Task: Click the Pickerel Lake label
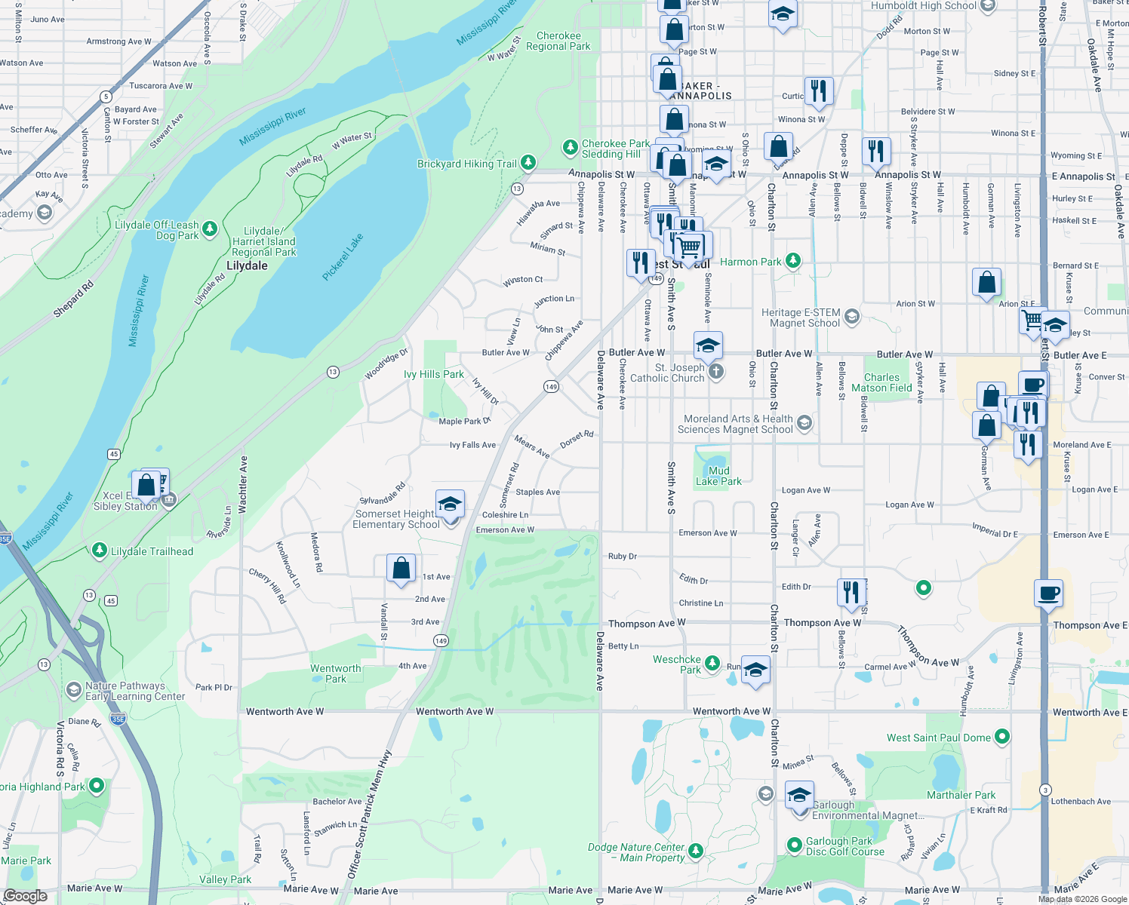point(343,257)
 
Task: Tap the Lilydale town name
point(247,265)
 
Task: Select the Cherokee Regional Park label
point(558,41)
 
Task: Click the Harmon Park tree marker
point(792,261)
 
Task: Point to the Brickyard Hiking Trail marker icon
point(528,162)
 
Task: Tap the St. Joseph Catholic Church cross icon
point(716,371)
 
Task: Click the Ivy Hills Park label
point(434,374)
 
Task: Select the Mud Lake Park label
point(718,476)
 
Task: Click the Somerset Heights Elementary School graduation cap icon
point(450,503)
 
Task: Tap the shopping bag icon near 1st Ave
point(401,568)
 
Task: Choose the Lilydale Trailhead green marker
point(99,551)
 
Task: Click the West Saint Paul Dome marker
point(1001,737)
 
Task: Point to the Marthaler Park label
point(961,795)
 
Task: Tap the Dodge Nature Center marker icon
point(695,851)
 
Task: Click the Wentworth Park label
point(336,673)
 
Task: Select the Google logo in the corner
point(25,896)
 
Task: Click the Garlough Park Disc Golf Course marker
point(794,845)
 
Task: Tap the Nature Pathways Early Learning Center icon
point(73,689)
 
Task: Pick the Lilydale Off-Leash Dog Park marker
point(210,229)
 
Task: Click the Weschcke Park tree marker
point(712,664)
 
